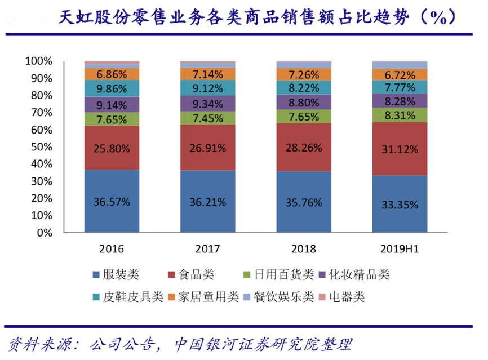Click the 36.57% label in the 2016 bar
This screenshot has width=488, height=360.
[112, 201]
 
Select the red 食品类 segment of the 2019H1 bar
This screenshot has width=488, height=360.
[400, 149]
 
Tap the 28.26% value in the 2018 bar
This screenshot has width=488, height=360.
[304, 148]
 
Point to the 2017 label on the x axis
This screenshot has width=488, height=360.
[207, 248]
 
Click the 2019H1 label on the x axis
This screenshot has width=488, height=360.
[400, 248]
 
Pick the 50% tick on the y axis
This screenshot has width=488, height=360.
[40, 147]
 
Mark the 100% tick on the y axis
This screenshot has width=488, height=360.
[38, 61]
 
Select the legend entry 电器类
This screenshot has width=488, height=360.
[346, 296]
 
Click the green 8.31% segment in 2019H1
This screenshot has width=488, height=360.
[400, 115]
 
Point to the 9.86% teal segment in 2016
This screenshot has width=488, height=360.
[112, 88]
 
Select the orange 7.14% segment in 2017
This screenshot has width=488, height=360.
[207, 74]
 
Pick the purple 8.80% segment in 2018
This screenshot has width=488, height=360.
[304, 103]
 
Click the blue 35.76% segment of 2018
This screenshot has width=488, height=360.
[304, 202]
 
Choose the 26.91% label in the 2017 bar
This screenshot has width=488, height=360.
[207, 148]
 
